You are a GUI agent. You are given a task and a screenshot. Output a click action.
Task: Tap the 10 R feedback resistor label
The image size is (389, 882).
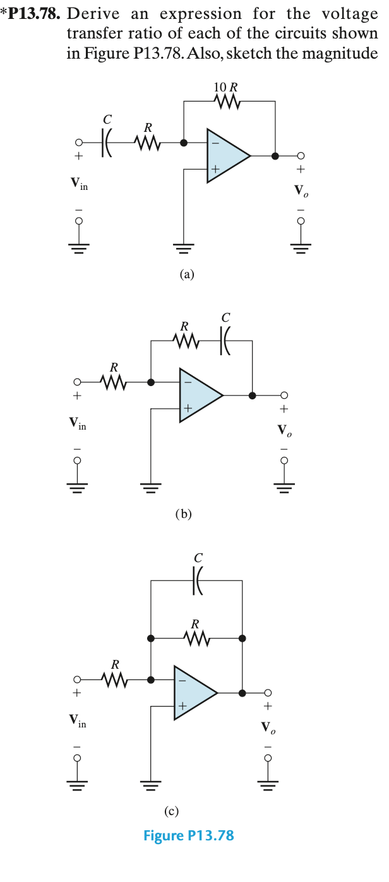[x=226, y=87]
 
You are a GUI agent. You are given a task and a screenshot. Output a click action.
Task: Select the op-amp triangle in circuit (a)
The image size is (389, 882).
[x=226, y=155]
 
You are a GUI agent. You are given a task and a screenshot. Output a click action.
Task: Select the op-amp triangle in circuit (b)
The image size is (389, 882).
[x=199, y=396]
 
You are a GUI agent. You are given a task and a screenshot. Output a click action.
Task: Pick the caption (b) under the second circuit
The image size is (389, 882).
[x=183, y=514]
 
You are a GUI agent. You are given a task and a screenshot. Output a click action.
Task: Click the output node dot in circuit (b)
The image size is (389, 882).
[x=253, y=396]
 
